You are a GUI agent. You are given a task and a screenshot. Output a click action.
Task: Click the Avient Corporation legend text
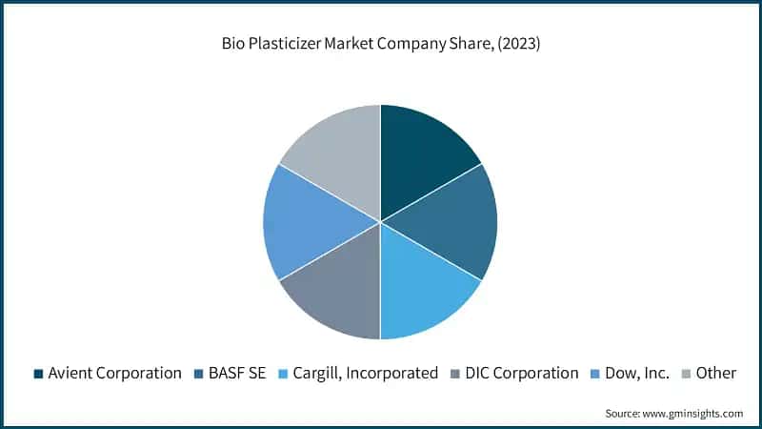tap(114, 373)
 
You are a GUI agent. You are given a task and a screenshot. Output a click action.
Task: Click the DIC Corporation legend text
tap(522, 373)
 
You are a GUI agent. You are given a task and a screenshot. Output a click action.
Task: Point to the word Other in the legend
tap(715, 373)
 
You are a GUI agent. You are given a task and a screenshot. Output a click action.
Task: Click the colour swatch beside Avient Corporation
tap(38, 374)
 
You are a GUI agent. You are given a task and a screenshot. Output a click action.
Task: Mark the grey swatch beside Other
tap(686, 374)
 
